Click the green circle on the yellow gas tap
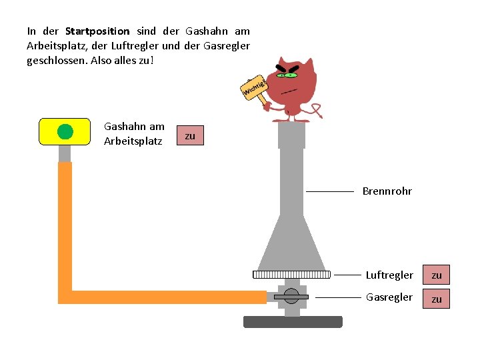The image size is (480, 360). coord(65,131)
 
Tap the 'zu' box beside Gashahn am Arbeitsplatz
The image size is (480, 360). coord(190,136)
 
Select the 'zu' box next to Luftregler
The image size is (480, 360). coord(437,275)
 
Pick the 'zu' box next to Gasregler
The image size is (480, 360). coord(437,299)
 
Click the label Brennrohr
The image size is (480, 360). coord(387,191)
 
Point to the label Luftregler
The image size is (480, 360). coord(389,275)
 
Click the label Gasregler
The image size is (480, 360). coord(389,297)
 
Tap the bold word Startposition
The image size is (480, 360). coord(97,31)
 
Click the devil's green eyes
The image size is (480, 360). coord(287,75)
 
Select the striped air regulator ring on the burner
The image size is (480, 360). coord(291,274)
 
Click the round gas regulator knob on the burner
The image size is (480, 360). coord(291,296)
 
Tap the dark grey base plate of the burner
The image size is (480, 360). coord(293,322)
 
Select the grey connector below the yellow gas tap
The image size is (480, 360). coord(65,153)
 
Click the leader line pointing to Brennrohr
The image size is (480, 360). coord(330,191)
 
